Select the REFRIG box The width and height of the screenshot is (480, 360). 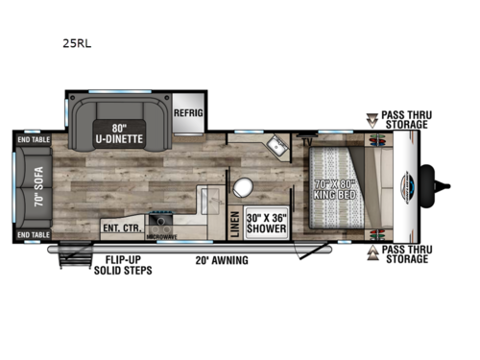pyautogui.click(x=189, y=112)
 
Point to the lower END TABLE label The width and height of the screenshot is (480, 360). pyautogui.click(x=33, y=234)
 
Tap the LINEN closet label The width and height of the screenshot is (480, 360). pyautogui.click(x=233, y=223)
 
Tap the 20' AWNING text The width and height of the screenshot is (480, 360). pyautogui.click(x=222, y=260)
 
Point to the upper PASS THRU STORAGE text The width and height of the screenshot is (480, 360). pyautogui.click(x=406, y=118)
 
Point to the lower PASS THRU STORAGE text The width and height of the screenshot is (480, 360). pyautogui.click(x=407, y=254)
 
